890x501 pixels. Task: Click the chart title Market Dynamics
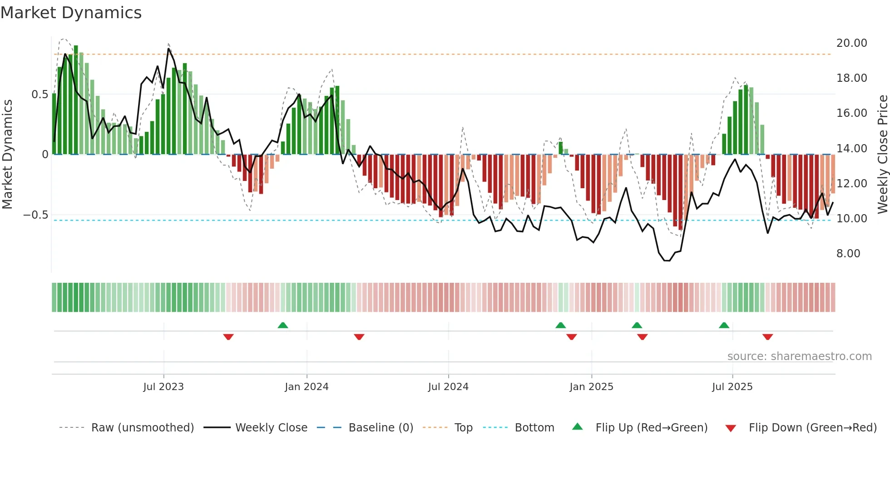[71, 13]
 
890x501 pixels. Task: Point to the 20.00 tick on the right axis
[851, 43]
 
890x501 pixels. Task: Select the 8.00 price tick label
[848, 254]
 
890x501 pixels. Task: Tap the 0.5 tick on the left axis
[40, 95]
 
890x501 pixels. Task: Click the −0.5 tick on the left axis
[36, 215]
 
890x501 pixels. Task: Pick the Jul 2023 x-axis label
[163, 387]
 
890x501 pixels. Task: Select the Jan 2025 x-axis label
[591, 387]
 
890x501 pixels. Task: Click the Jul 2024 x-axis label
[448, 387]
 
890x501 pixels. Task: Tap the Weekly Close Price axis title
[882, 154]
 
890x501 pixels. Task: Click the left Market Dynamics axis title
[7, 154]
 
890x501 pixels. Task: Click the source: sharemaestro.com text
[799, 356]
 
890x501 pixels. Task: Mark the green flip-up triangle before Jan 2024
[283, 325]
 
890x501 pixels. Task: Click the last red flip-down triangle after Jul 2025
[767, 337]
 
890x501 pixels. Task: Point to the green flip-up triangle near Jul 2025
[724, 325]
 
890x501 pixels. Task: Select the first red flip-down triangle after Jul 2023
[228, 337]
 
